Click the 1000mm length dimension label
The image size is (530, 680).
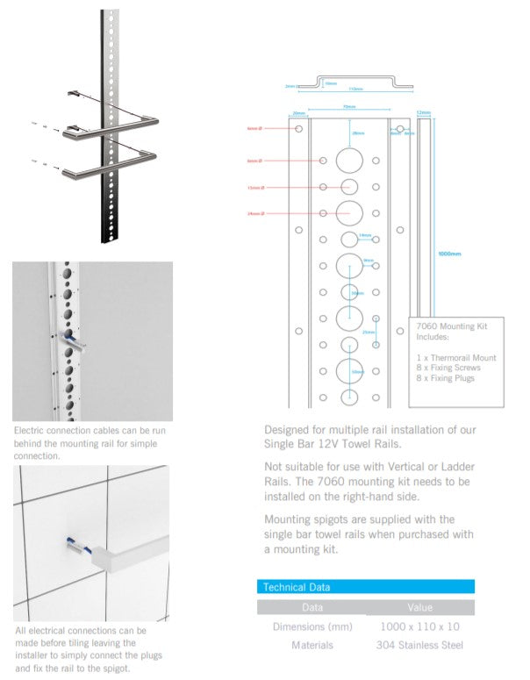point(449,254)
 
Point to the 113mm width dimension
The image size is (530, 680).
point(355,89)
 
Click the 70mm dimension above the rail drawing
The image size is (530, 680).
point(349,107)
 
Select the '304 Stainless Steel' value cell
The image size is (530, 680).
point(419,645)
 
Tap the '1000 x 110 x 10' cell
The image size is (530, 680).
point(419,626)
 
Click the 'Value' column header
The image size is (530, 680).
point(419,607)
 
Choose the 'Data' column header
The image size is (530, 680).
point(312,607)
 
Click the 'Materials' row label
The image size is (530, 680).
point(312,645)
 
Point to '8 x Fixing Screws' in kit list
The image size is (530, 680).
point(449,368)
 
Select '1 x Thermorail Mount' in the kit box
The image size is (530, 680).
point(456,357)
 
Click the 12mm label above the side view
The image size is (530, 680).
point(424,113)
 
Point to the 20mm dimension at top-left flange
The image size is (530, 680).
point(298,113)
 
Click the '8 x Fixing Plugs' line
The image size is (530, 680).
point(447,378)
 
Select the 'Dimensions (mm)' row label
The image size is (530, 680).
point(312,626)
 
